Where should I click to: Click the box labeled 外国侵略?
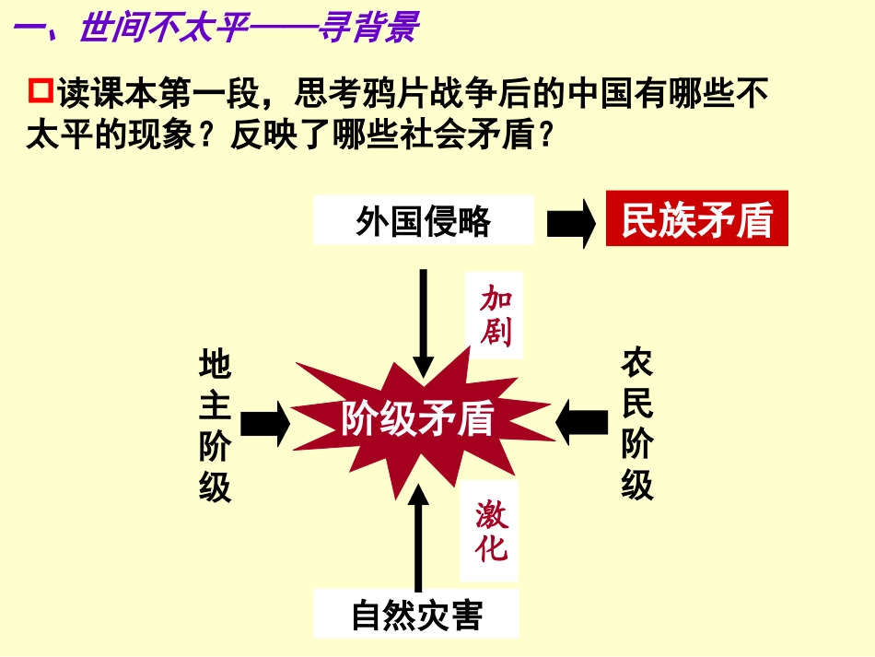pyautogui.click(x=423, y=221)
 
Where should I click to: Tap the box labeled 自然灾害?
pyautogui.click(x=416, y=615)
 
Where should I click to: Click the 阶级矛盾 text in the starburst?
pyautogui.click(x=417, y=419)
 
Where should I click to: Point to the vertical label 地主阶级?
pyautogui.click(x=215, y=425)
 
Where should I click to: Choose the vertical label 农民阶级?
pyautogui.click(x=636, y=424)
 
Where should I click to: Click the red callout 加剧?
pyautogui.click(x=496, y=315)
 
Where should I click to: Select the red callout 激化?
pyautogui.click(x=492, y=531)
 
